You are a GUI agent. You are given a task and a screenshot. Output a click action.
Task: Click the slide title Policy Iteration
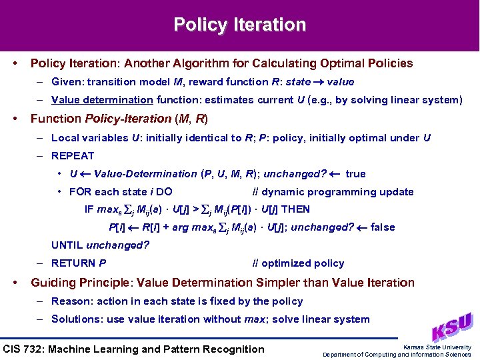pyautogui.click(x=240, y=25)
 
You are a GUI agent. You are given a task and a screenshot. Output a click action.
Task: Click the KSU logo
pyautogui.click(x=454, y=327)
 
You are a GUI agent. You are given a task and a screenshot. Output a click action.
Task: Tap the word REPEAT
pyautogui.click(x=73, y=156)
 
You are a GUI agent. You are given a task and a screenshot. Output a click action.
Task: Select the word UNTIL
pyautogui.click(x=67, y=245)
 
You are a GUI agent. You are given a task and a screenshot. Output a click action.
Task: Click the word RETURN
pyautogui.click(x=73, y=263)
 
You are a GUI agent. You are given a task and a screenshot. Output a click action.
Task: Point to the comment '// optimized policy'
pyautogui.click(x=298, y=263)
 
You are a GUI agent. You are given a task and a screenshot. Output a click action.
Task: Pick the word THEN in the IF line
pyautogui.click(x=295, y=209)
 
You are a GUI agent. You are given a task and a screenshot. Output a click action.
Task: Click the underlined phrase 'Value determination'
pyautogui.click(x=102, y=100)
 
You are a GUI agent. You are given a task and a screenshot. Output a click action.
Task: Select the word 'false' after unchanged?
pyautogui.click(x=383, y=227)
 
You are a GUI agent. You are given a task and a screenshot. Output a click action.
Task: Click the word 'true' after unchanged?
pyautogui.click(x=355, y=174)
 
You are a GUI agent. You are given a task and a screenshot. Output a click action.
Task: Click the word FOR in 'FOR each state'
pyautogui.click(x=80, y=192)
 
